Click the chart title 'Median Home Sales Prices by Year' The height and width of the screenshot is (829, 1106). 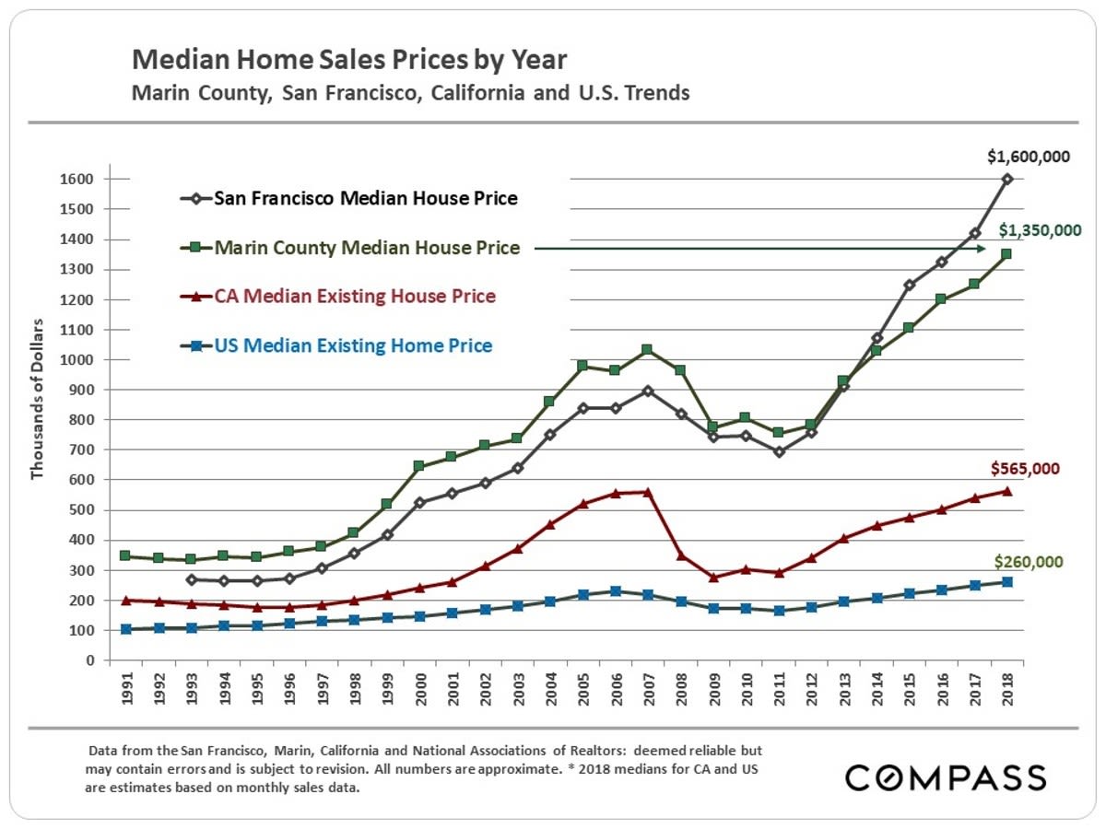pos(349,62)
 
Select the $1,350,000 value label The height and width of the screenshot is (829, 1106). pos(1041,230)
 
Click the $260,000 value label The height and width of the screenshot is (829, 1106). pos(1029,561)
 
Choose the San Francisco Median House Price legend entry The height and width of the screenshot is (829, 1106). pos(365,198)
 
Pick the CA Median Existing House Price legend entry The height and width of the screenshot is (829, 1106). pos(355,297)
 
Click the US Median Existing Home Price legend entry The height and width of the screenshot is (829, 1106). pos(353,346)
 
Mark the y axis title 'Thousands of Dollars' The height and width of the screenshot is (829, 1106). pos(38,399)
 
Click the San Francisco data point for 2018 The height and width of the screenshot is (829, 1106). pos(1007,179)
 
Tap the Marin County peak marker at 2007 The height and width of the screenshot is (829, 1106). pos(647,350)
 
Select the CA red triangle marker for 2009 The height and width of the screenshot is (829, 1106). pos(712,578)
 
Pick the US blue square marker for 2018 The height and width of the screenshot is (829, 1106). pos(1007,582)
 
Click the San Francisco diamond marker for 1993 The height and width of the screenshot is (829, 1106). pos(190,579)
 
